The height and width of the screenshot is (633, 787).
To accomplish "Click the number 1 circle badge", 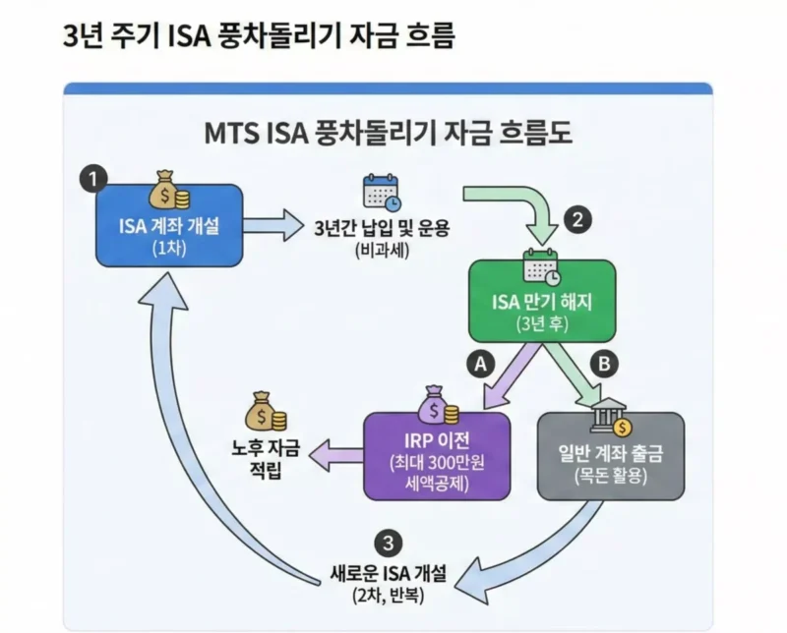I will click(92, 180).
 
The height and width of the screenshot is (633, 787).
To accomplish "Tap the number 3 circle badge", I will click(390, 543).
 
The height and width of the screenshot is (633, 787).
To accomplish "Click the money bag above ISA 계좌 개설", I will click(167, 187).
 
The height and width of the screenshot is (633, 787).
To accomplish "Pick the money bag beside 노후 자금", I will click(264, 411).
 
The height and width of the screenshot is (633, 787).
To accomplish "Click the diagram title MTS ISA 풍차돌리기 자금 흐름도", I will click(388, 132).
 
